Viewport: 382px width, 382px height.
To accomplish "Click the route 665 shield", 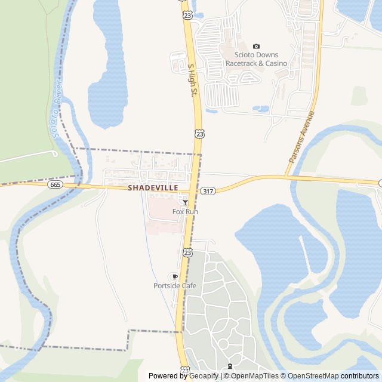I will click(x=56, y=185).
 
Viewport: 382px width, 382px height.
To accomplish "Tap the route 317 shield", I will click(x=208, y=191).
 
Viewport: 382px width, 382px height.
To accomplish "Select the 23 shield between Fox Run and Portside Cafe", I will click(x=187, y=252).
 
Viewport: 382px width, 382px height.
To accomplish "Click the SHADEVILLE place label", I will click(x=153, y=187).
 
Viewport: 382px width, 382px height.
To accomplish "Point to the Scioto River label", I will click(x=57, y=107).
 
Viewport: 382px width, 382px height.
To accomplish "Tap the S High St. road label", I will click(x=192, y=81).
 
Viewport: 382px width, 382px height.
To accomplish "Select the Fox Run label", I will click(x=185, y=212).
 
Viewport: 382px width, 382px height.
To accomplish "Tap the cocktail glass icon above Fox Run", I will click(x=186, y=203).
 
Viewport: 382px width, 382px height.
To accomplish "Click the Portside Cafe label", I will click(x=175, y=286).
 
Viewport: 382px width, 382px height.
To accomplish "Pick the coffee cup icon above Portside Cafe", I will click(x=175, y=277).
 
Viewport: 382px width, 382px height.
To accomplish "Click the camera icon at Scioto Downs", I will click(x=257, y=46).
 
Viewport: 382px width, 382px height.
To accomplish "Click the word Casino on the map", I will click(x=276, y=63).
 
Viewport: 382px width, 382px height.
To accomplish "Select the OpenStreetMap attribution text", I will click(x=310, y=376).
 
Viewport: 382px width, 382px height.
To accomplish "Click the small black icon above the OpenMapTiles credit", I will click(x=230, y=366).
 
